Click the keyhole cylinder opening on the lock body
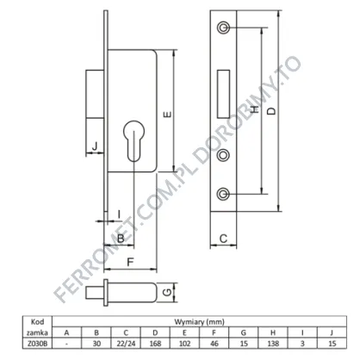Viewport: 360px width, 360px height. pos(133,140)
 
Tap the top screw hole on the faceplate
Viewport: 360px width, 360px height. pos(223,28)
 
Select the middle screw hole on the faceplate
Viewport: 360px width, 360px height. pos(223,155)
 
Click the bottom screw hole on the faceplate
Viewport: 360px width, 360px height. pos(223,195)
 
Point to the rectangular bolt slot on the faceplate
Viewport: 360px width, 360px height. pos(223,94)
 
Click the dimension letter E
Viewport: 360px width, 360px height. pos(167,114)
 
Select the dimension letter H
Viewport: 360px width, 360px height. pos(254,109)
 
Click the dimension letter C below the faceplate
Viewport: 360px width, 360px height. pos(223,239)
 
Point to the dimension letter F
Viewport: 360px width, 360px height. pos(130,262)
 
